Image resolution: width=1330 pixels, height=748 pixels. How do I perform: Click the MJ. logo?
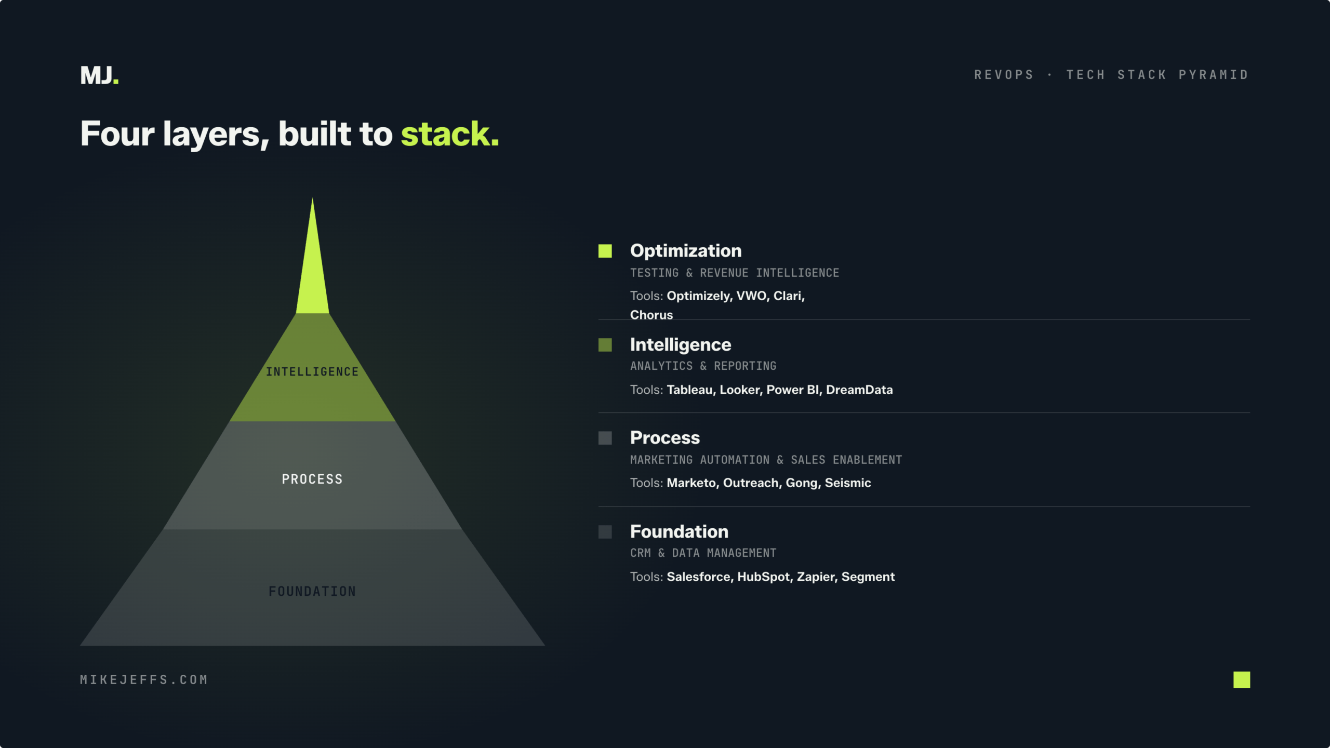[99, 75]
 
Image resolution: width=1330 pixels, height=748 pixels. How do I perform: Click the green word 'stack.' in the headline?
[449, 134]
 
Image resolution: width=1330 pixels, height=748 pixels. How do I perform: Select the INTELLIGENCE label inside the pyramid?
[312, 372]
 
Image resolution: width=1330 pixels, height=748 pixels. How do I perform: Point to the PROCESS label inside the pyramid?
[312, 479]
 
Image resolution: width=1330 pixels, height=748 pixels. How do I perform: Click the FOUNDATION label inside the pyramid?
[312, 591]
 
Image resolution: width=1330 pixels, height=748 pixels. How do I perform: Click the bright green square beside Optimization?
[605, 251]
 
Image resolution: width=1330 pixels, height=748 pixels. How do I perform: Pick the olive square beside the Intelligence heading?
[605, 345]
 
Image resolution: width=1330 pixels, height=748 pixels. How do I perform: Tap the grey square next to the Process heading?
[605, 438]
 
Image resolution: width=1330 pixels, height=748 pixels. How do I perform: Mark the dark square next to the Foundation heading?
[605, 531]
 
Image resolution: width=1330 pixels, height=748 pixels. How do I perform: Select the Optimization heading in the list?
[686, 251]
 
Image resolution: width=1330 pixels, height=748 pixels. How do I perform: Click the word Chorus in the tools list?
[651, 315]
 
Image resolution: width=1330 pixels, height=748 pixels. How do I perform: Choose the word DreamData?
[859, 390]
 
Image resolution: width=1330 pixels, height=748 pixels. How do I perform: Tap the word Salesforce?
[700, 577]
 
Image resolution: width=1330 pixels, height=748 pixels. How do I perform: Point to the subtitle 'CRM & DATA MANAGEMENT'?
[703, 553]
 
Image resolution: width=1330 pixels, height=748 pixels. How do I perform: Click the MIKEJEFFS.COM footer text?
[144, 680]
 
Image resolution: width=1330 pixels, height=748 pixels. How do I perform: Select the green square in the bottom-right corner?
[1242, 679]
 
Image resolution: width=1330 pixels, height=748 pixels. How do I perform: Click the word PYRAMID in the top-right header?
[1213, 75]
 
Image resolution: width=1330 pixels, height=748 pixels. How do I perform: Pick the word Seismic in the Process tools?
[848, 483]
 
